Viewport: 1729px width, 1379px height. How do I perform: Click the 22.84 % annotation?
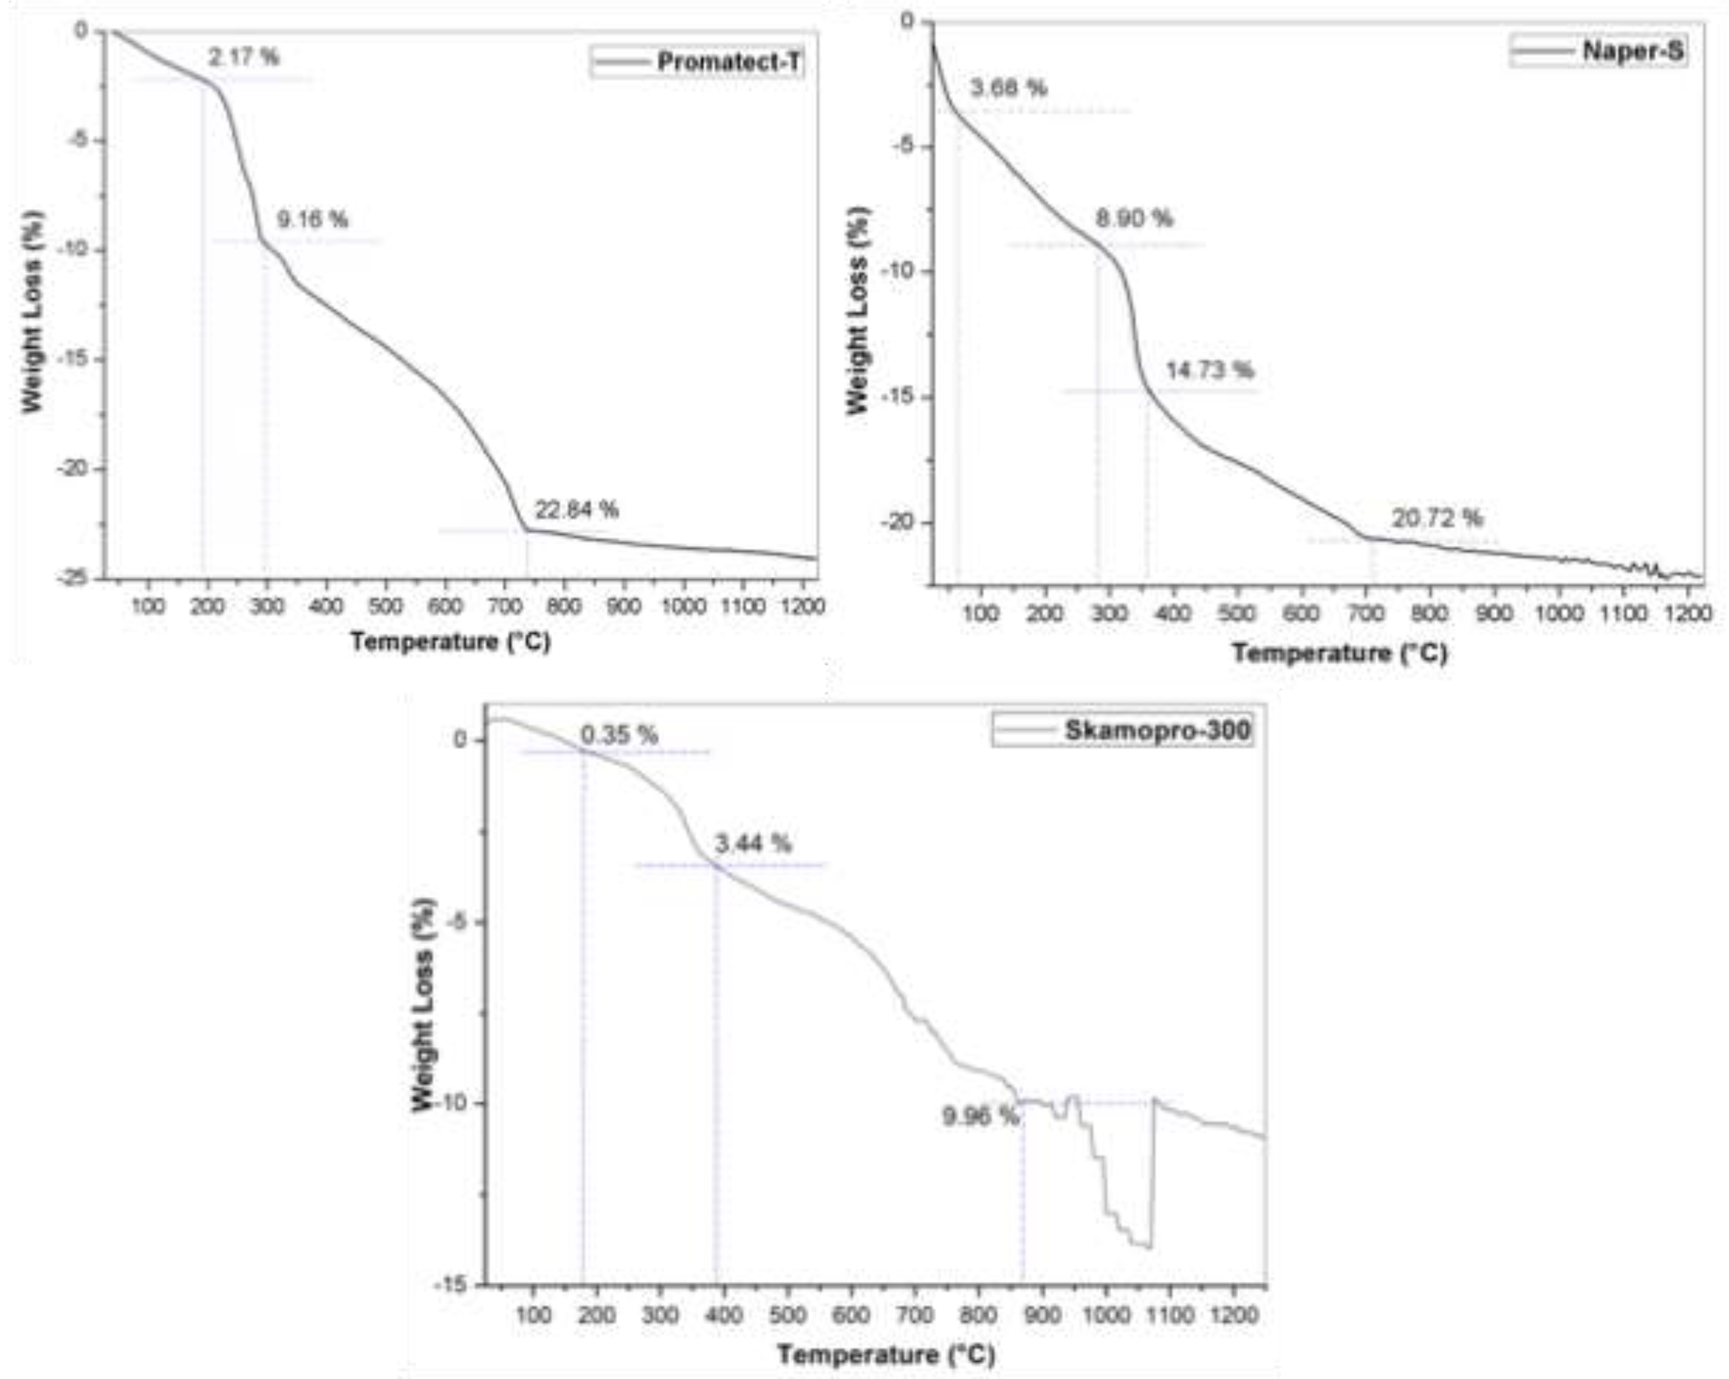pos(577,509)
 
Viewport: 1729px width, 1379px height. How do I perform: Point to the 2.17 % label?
pos(244,57)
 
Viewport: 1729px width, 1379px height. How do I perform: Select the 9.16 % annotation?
pos(313,219)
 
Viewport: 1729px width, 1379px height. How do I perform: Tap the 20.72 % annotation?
pos(1436,518)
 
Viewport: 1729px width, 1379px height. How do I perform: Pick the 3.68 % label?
pos(1008,87)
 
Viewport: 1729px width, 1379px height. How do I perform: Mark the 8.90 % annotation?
pos(1133,218)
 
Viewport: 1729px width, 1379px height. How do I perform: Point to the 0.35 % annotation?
pos(619,734)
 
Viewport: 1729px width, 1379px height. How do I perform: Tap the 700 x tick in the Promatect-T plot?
pos(504,606)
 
